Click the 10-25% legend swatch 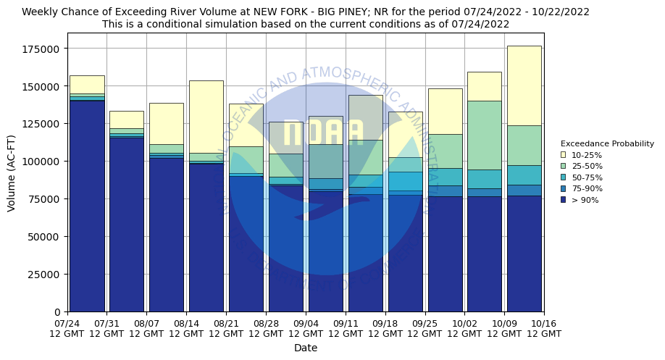click(x=563, y=154)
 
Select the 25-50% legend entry click(x=563, y=166)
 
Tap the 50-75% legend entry click(x=563, y=177)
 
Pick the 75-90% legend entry click(x=563, y=188)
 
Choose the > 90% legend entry click(x=563, y=200)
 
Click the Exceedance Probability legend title click(x=607, y=143)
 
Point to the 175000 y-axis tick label click(x=43, y=49)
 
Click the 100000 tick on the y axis click(x=43, y=162)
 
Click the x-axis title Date click(x=306, y=348)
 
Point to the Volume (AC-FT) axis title click(x=12, y=172)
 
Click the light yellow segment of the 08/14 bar click(x=206, y=116)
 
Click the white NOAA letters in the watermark click(x=323, y=133)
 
